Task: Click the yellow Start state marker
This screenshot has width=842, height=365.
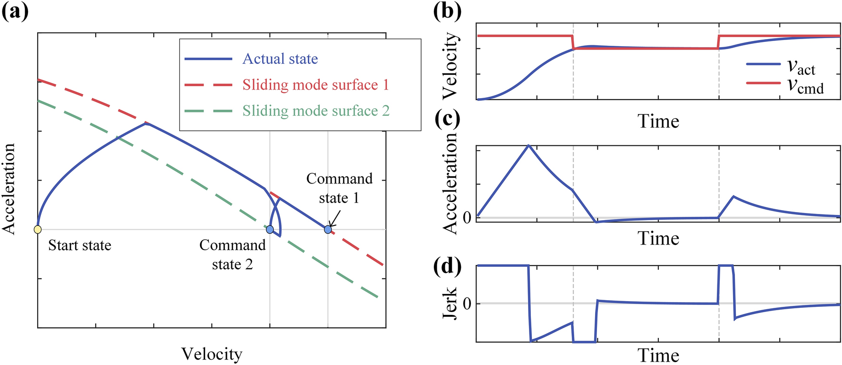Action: coord(38,230)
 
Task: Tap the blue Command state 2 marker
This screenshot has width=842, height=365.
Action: coord(270,230)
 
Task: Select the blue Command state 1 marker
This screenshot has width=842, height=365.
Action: coord(328,230)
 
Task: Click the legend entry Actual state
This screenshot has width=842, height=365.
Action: coord(280,59)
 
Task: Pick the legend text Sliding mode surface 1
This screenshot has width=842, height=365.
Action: coord(316,85)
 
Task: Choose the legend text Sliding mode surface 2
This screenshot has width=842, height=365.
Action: coord(316,111)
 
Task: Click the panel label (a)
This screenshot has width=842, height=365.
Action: coord(15,10)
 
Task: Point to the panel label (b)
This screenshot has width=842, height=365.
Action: coord(447,10)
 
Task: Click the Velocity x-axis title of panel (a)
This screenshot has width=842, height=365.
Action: coord(212,354)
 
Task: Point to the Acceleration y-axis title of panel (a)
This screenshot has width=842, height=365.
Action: coord(9,189)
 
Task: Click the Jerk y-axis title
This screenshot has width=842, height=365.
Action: coord(450,303)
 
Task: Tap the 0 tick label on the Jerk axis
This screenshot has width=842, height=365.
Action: coord(467,304)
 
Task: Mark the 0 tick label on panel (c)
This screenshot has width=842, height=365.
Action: coord(467,218)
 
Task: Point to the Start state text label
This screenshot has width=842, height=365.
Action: coord(80,245)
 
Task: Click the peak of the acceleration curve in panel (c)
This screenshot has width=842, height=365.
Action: coord(529,145)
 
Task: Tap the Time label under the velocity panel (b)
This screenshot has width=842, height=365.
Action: coord(658,122)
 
